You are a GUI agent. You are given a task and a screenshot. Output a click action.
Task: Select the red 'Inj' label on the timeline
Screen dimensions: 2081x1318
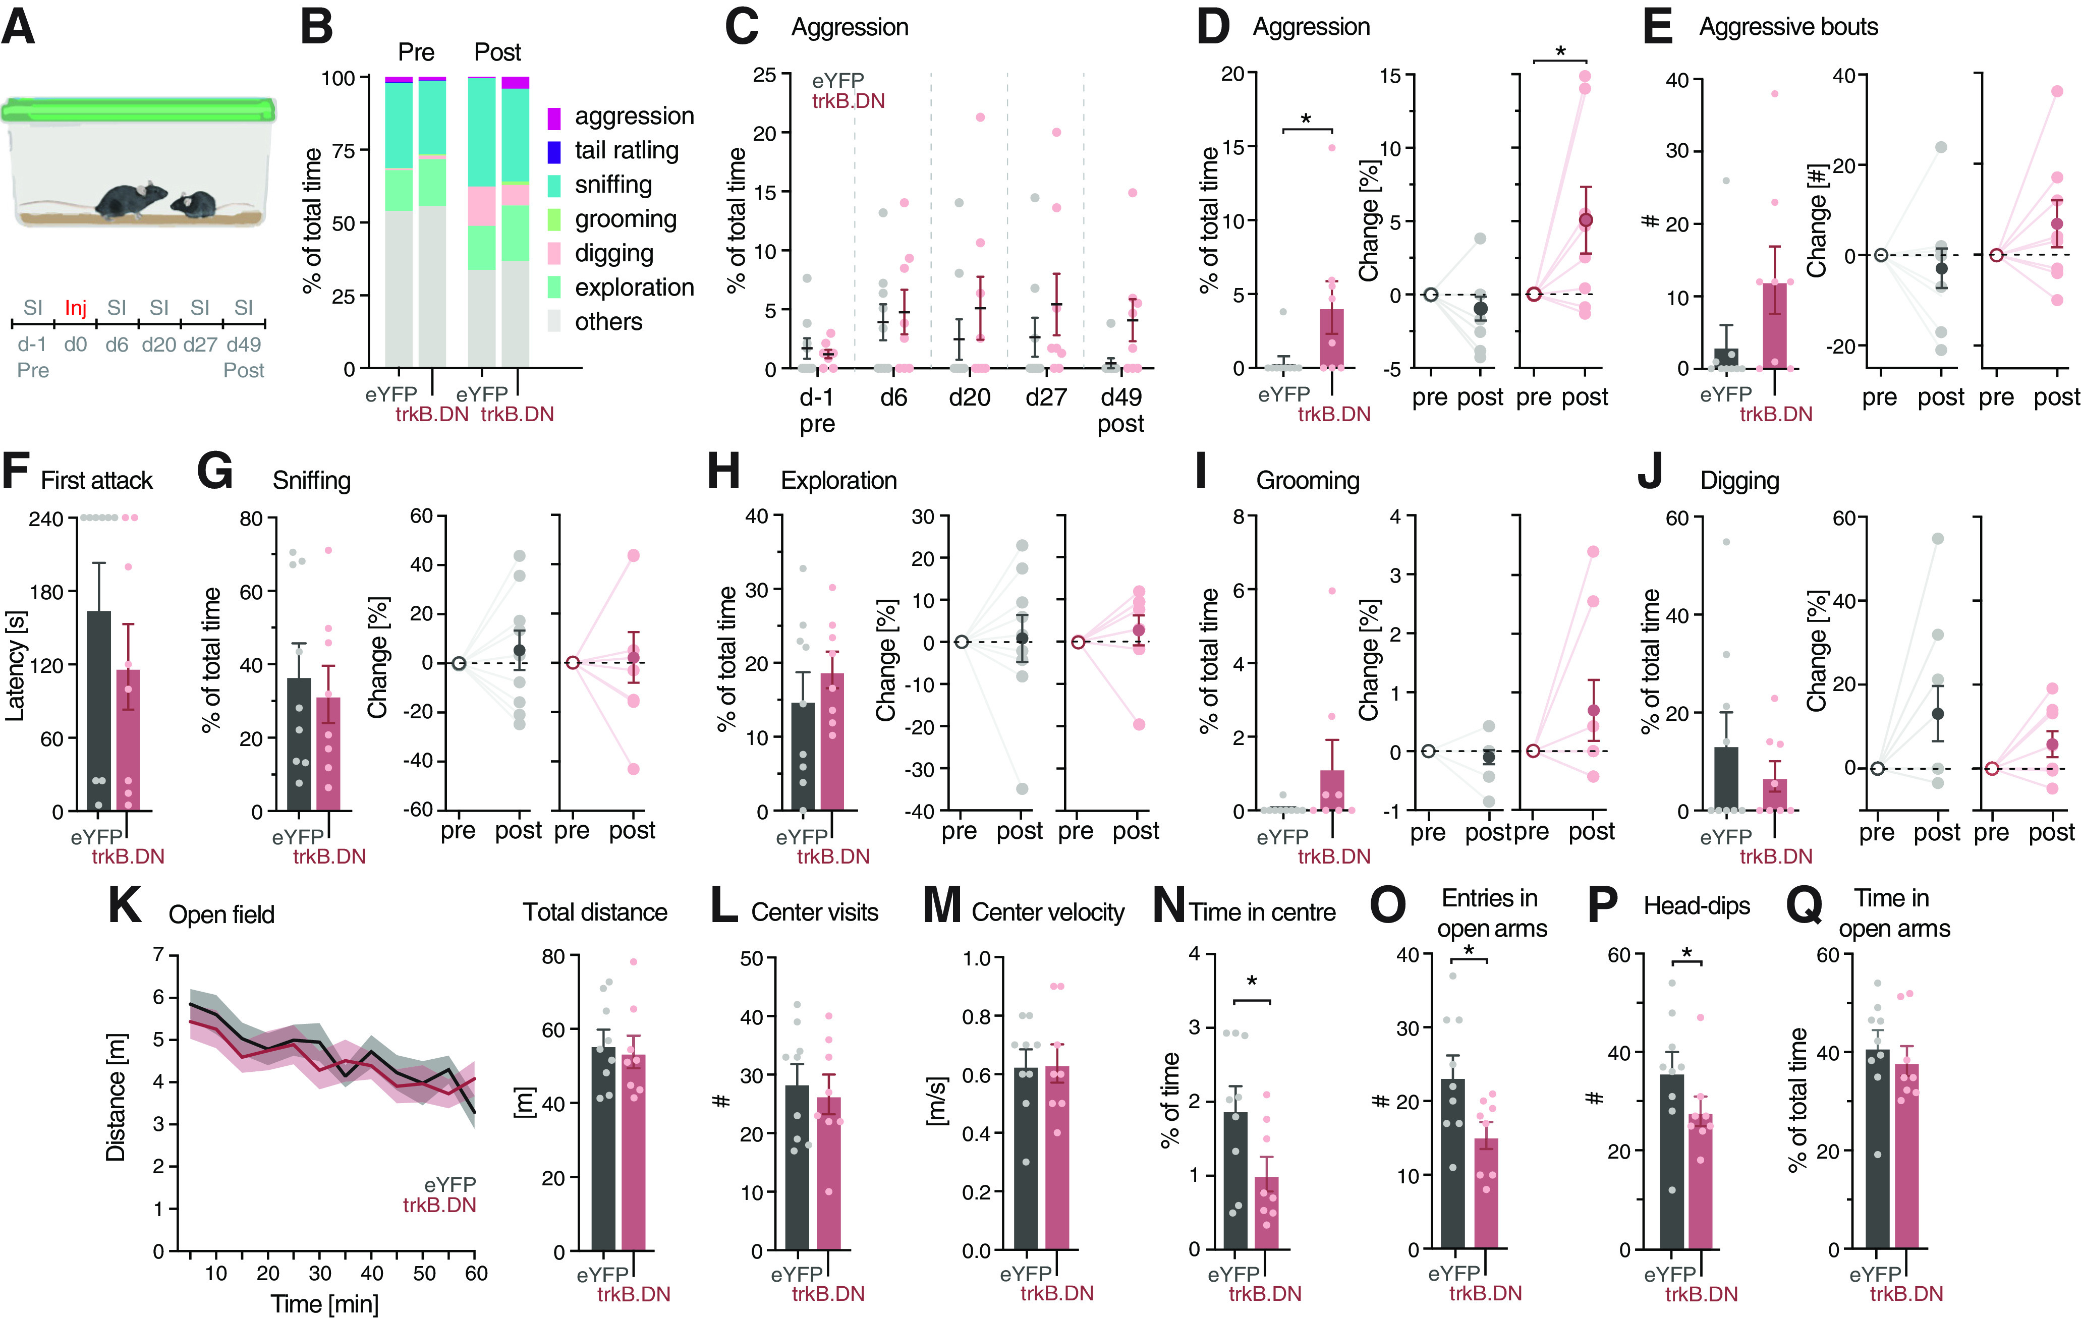pyautogui.click(x=76, y=308)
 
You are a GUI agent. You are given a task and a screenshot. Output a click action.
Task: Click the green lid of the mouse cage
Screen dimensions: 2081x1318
pyautogui.click(x=138, y=110)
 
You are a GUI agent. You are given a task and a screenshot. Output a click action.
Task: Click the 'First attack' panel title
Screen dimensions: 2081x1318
pyautogui.click(x=97, y=481)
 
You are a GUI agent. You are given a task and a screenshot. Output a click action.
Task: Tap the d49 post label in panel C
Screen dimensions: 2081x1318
pyautogui.click(x=1121, y=411)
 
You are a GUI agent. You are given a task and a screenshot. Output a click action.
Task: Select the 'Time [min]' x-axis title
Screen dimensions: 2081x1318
pyautogui.click(x=325, y=1303)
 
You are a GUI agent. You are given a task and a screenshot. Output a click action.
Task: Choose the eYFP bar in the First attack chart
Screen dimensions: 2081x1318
pyautogui.click(x=99, y=710)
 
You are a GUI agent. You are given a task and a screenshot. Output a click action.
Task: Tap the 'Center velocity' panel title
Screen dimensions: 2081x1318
pyautogui.click(x=1048, y=912)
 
